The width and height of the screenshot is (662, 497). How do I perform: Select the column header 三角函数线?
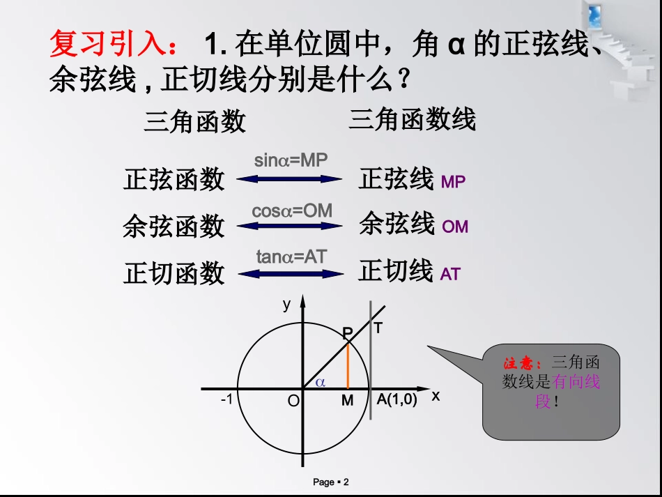click(x=412, y=120)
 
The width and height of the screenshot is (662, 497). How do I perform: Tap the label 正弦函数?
click(x=174, y=179)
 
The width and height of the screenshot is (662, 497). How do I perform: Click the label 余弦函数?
click(x=174, y=227)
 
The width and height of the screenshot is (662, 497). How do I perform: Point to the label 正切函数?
click(x=174, y=273)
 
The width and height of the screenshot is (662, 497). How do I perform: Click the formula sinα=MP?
click(x=291, y=161)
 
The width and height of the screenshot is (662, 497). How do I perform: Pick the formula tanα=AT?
click(x=291, y=257)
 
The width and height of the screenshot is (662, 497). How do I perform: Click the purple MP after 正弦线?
click(x=453, y=183)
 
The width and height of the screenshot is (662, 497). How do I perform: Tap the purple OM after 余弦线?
click(x=455, y=227)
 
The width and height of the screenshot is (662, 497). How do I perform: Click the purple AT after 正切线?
click(x=450, y=275)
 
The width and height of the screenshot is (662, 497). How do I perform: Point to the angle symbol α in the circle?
click(x=321, y=382)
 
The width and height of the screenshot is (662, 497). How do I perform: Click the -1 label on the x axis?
click(x=226, y=400)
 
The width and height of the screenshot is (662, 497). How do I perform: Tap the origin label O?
click(x=293, y=401)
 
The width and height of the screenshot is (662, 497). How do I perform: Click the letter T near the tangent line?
click(x=378, y=327)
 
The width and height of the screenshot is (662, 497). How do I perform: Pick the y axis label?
click(x=286, y=304)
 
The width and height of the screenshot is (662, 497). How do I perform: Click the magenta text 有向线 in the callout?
click(x=576, y=382)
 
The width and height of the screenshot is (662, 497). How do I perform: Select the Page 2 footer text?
click(x=330, y=482)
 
